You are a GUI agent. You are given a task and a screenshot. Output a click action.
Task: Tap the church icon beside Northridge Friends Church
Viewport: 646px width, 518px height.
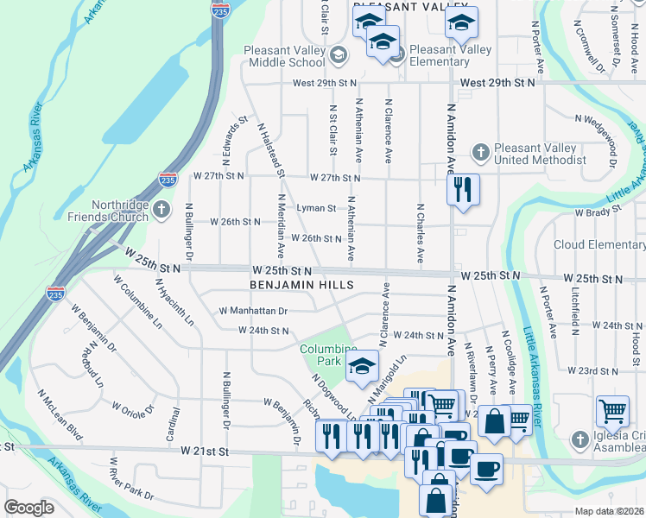click(161, 209)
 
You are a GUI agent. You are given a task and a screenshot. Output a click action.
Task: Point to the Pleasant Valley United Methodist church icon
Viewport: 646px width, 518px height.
click(481, 153)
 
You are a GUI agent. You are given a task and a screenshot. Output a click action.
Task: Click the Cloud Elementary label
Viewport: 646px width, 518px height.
click(598, 244)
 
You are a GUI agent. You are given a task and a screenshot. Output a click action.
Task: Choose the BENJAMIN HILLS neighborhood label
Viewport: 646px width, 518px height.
click(301, 284)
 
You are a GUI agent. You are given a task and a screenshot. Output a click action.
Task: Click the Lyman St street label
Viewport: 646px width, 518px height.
click(315, 208)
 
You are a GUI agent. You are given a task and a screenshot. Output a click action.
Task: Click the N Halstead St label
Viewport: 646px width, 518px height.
click(271, 148)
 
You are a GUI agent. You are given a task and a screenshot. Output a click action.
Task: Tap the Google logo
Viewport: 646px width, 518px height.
click(29, 508)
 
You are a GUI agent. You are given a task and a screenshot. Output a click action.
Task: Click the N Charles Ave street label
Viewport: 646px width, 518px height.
click(421, 233)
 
